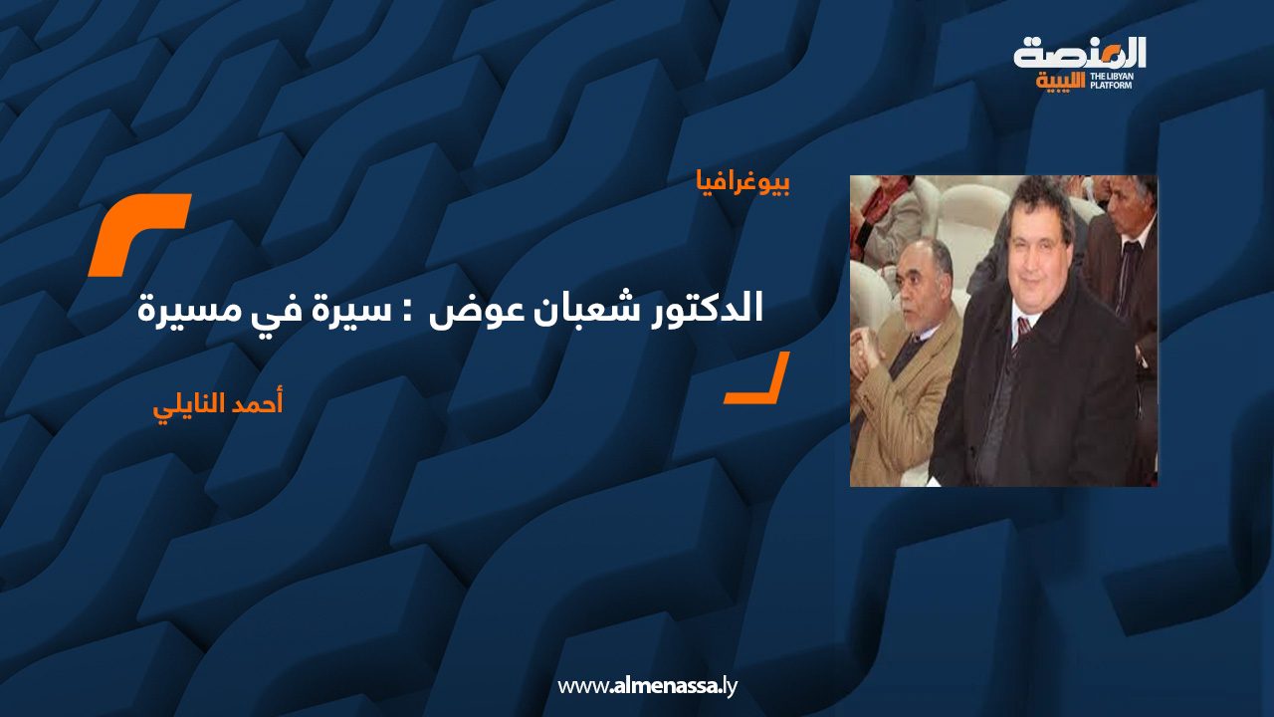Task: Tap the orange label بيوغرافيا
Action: [743, 182]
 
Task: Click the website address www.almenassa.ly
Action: [647, 686]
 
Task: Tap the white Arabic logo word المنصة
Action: [1080, 54]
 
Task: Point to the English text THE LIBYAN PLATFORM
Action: [1111, 81]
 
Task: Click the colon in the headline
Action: [407, 314]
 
